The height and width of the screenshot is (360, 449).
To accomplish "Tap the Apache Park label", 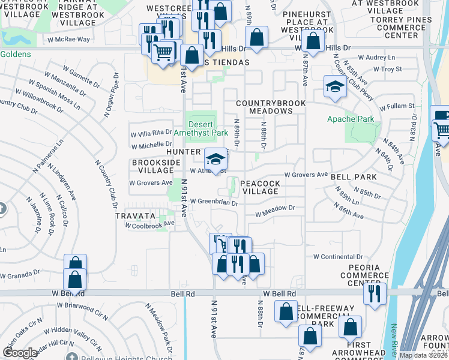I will (351, 119).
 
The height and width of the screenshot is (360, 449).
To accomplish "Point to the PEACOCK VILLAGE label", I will (260, 187).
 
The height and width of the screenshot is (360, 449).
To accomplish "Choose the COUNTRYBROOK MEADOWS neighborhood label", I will (271, 107).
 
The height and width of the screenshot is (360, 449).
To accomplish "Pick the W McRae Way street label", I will (68, 39).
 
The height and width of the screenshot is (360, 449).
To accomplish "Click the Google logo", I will (20, 352).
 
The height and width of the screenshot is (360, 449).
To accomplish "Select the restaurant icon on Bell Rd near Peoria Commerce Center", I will (374, 295).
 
